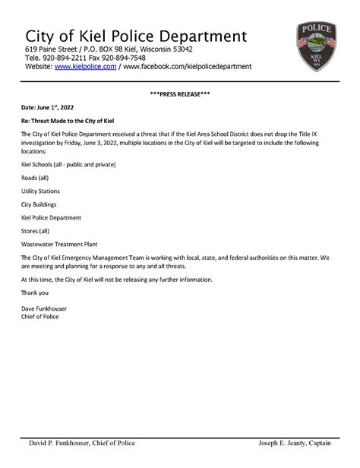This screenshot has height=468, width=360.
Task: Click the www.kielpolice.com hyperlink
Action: click(85, 67)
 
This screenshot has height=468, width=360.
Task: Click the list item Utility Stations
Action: click(40, 191)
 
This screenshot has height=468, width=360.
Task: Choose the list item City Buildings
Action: click(39, 204)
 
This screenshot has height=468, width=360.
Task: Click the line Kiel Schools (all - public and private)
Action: click(68, 165)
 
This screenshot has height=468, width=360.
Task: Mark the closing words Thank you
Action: click(35, 292)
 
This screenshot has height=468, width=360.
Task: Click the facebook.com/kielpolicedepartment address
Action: click(187, 67)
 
